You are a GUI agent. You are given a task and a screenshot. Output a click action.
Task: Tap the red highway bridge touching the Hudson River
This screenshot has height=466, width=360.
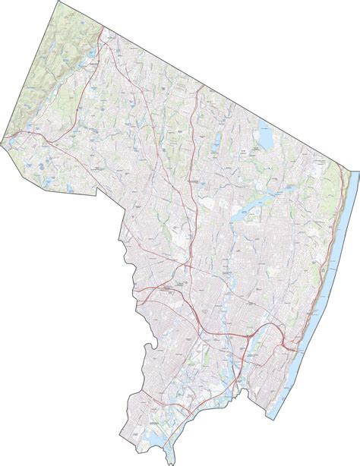coord(287,325)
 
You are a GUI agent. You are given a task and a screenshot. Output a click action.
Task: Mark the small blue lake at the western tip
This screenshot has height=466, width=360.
coord(11,138)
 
